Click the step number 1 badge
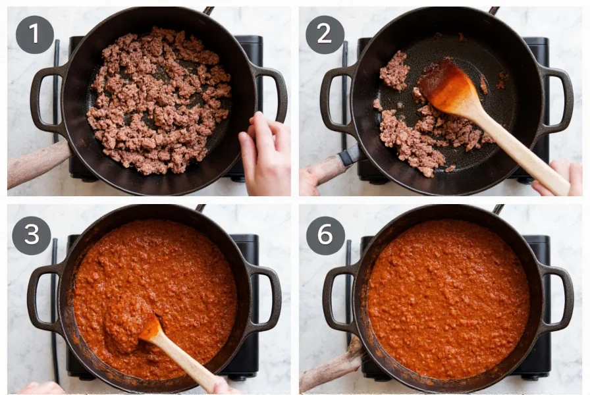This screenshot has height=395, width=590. [34, 34]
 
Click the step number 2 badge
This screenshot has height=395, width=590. [325, 34]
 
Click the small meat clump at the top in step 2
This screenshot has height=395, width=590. [394, 70]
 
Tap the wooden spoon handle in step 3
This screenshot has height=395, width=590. [188, 362]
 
